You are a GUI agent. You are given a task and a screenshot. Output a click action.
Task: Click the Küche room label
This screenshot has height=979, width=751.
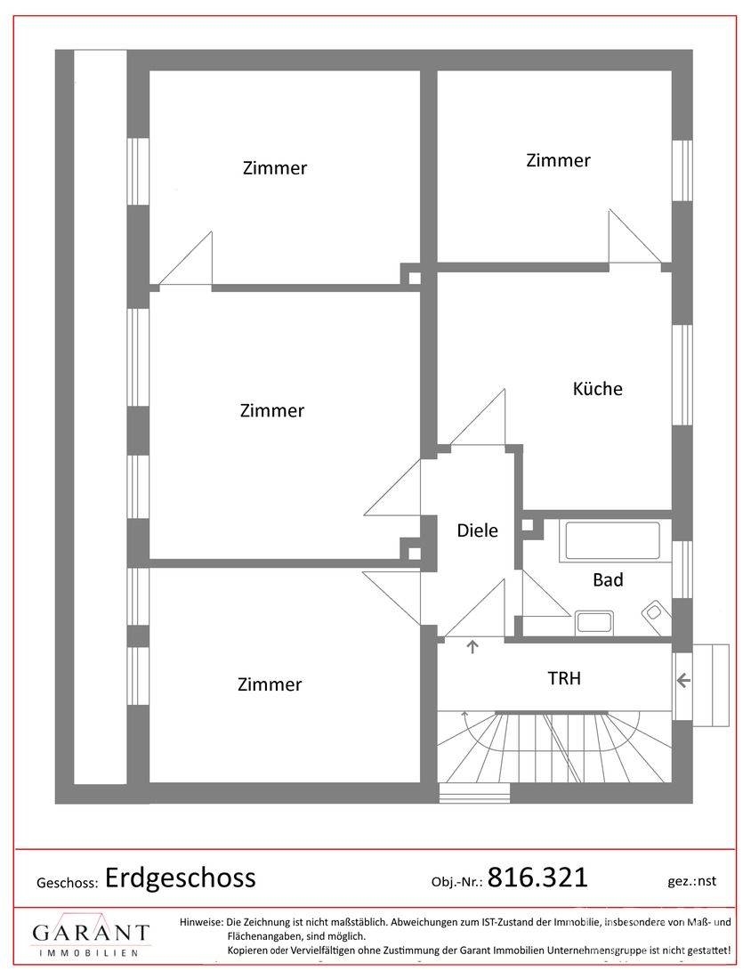pos(597,389)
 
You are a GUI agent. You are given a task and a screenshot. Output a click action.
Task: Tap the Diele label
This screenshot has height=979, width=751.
pos(477,530)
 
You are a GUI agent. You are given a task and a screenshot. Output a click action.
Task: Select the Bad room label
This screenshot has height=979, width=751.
pos(608,580)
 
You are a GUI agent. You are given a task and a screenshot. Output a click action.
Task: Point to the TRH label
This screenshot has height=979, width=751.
pos(564,678)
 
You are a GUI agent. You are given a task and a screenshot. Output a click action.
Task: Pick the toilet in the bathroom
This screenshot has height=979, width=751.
pos(656,612)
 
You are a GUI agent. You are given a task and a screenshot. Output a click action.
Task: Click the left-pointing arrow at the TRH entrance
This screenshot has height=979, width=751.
pos(683,682)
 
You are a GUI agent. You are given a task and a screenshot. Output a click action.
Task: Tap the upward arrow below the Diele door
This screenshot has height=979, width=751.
pos(472,647)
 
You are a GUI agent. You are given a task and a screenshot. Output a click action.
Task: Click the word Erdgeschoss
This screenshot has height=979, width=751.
pos(181,878)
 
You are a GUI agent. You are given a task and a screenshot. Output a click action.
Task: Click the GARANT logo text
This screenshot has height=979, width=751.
pos(91,933)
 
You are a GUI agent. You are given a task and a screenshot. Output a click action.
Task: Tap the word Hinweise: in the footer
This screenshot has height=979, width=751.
pos(202,922)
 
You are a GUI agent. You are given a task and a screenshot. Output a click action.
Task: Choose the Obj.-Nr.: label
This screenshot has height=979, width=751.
pos(456,881)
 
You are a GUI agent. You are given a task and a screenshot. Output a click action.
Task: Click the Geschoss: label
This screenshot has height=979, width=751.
pos(67,883)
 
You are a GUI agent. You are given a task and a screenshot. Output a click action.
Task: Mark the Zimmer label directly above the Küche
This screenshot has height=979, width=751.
pos(558,160)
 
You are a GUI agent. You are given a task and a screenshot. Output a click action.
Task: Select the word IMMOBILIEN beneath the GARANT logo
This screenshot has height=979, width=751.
pos(91,952)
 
